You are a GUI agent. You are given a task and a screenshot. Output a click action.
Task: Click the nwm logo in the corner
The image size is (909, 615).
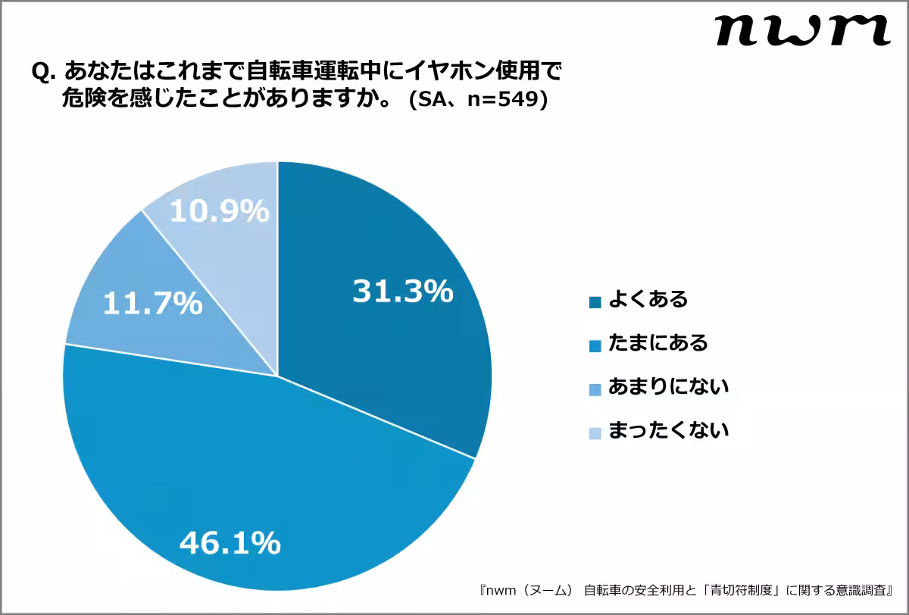coord(802,31)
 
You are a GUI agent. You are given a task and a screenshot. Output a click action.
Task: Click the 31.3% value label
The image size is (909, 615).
coord(402,292)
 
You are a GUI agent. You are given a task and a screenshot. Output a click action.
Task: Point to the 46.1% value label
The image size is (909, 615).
coord(230,542)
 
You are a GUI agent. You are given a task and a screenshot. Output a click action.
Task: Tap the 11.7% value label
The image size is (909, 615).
coord(152,304)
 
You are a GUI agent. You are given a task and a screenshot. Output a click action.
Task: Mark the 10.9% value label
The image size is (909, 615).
coord(219,212)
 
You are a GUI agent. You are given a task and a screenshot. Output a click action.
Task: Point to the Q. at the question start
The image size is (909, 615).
coord(44,73)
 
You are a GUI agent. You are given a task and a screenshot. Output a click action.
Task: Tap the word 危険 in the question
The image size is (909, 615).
coord(80,101)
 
